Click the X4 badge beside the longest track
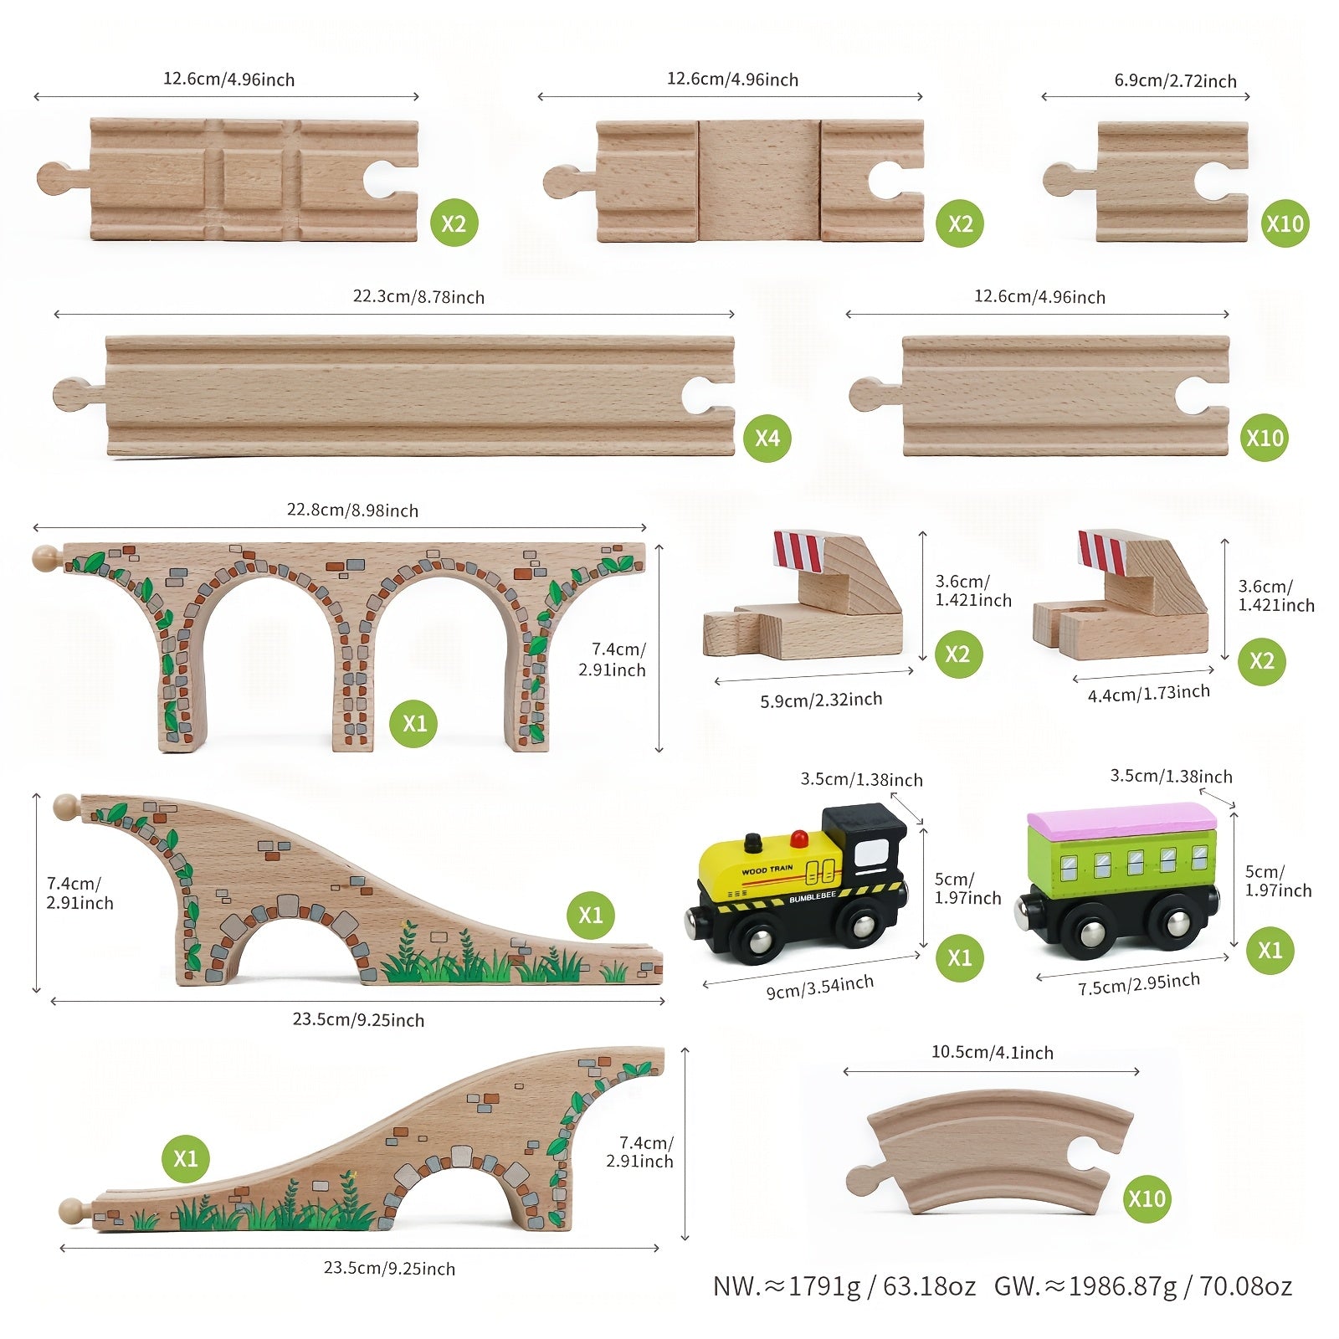coord(767,438)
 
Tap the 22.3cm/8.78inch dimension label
coord(418,297)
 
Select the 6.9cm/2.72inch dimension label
coord(1175,81)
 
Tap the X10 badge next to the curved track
coord(1147,1198)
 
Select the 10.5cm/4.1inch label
coord(993,1053)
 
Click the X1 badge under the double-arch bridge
coord(414,723)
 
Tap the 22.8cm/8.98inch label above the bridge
coord(352,510)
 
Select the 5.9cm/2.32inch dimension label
coord(821,700)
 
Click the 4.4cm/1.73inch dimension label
coord(1148,693)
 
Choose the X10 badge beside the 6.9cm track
coord(1285,223)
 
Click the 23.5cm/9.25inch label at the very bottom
coord(389,1269)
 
